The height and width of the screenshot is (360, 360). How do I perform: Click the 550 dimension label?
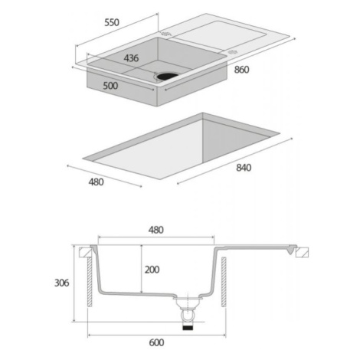(x=112, y=23)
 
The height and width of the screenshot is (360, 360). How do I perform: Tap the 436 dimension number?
(x=131, y=58)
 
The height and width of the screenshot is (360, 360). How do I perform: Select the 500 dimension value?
(x=110, y=86)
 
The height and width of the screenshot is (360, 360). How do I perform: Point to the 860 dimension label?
(x=241, y=70)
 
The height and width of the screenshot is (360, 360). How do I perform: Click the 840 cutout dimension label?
(x=244, y=168)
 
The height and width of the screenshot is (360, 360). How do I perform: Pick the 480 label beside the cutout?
(x=96, y=182)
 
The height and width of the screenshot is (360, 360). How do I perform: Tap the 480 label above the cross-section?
(x=156, y=230)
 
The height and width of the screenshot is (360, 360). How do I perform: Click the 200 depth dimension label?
(x=152, y=270)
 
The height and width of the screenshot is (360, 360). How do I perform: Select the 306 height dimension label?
(x=62, y=283)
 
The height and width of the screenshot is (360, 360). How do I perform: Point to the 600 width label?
(x=156, y=342)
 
